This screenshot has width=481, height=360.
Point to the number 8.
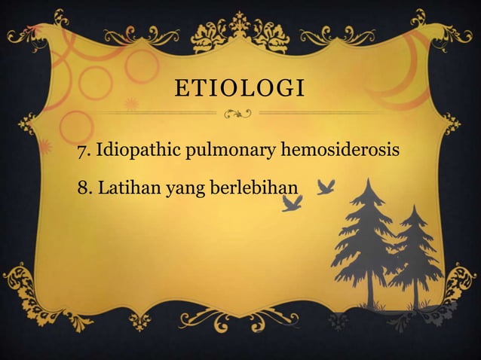(x=82, y=186)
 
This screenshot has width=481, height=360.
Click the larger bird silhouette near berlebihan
(x=292, y=202)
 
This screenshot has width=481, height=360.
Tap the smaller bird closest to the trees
(x=326, y=186)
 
